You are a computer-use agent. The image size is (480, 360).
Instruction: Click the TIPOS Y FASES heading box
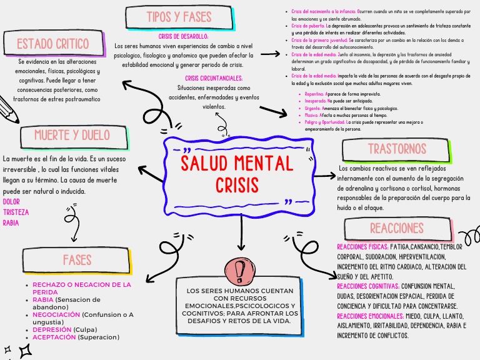(x=179, y=17)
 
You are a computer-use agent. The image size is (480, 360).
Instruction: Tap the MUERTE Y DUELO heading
(x=72, y=136)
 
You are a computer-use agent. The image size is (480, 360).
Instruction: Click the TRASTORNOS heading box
(x=397, y=149)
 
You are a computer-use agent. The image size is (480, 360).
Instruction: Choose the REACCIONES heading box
(x=397, y=227)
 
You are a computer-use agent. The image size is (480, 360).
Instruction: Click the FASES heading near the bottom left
(x=77, y=259)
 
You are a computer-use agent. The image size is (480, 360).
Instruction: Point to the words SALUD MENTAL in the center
(x=237, y=164)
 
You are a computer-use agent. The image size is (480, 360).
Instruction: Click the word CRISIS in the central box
(x=237, y=186)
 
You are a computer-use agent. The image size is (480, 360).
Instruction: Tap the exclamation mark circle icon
(x=239, y=270)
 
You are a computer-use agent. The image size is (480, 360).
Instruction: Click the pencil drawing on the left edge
(x=9, y=111)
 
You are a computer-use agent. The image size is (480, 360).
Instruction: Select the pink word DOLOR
(x=11, y=202)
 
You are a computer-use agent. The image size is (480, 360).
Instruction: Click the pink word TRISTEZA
(x=16, y=212)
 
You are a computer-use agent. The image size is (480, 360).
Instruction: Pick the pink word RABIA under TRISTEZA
(x=11, y=222)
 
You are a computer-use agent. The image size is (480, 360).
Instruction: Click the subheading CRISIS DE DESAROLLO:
(x=184, y=37)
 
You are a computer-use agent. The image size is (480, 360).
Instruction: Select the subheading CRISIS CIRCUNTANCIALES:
(x=214, y=78)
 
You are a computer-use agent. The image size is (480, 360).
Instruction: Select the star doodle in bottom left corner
(x=25, y=351)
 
